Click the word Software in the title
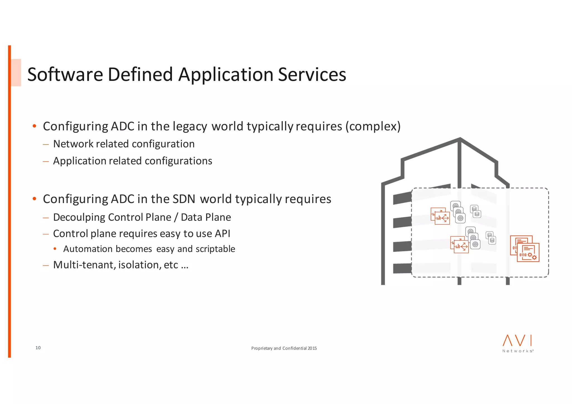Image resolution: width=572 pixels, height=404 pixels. click(65, 74)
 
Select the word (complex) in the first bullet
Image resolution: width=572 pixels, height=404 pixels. click(373, 126)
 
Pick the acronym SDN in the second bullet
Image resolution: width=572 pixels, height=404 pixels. click(184, 199)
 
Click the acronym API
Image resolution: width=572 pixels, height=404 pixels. click(222, 234)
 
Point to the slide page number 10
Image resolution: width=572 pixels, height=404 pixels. click(38, 348)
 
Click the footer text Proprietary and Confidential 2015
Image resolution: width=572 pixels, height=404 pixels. click(284, 348)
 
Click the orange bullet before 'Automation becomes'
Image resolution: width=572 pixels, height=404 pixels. click(55, 249)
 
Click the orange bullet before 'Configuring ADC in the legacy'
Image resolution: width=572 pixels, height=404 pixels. click(34, 126)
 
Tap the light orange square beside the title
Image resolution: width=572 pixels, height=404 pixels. click(16, 73)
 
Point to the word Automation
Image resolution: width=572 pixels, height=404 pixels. click(88, 249)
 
